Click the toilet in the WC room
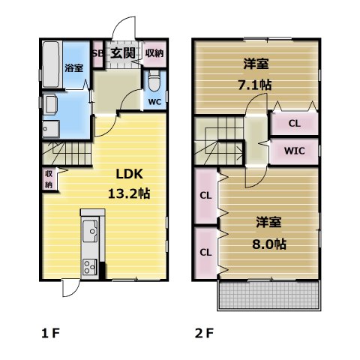(154, 81)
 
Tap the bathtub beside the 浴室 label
(52, 64)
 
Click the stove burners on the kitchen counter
(90, 267)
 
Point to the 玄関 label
(123, 52)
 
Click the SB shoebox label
(97, 54)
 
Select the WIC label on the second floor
(295, 151)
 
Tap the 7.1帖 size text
(254, 85)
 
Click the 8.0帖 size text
(269, 244)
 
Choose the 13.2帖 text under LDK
(129, 193)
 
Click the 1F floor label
(50, 333)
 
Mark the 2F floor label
(204, 333)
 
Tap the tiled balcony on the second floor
(269, 295)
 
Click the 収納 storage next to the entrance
(154, 53)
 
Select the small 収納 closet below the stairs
(49, 179)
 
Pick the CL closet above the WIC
(295, 124)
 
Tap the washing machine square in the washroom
(51, 129)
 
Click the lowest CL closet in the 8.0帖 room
(206, 253)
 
